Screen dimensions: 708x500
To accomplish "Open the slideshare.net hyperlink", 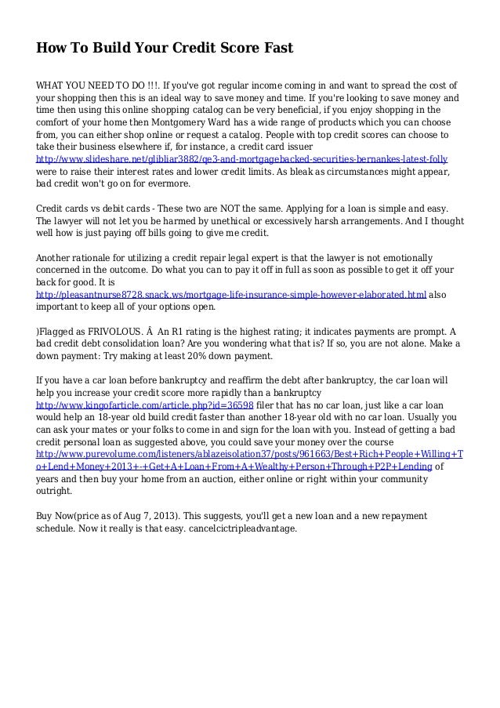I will (242, 159).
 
